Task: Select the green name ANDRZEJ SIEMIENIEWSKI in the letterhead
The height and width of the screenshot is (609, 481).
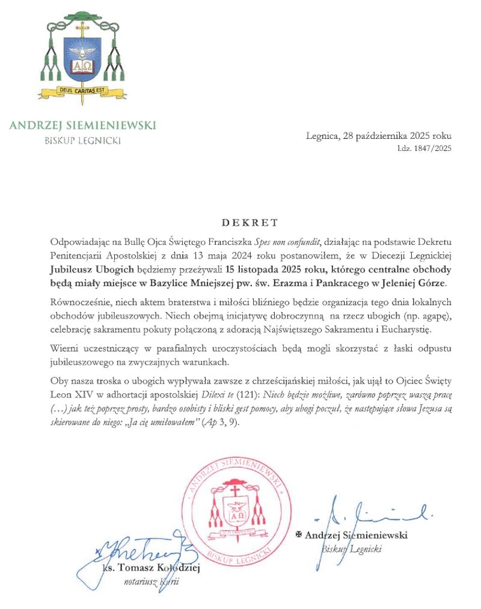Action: [x=82, y=125]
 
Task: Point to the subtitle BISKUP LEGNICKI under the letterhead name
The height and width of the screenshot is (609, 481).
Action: [x=82, y=141]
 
